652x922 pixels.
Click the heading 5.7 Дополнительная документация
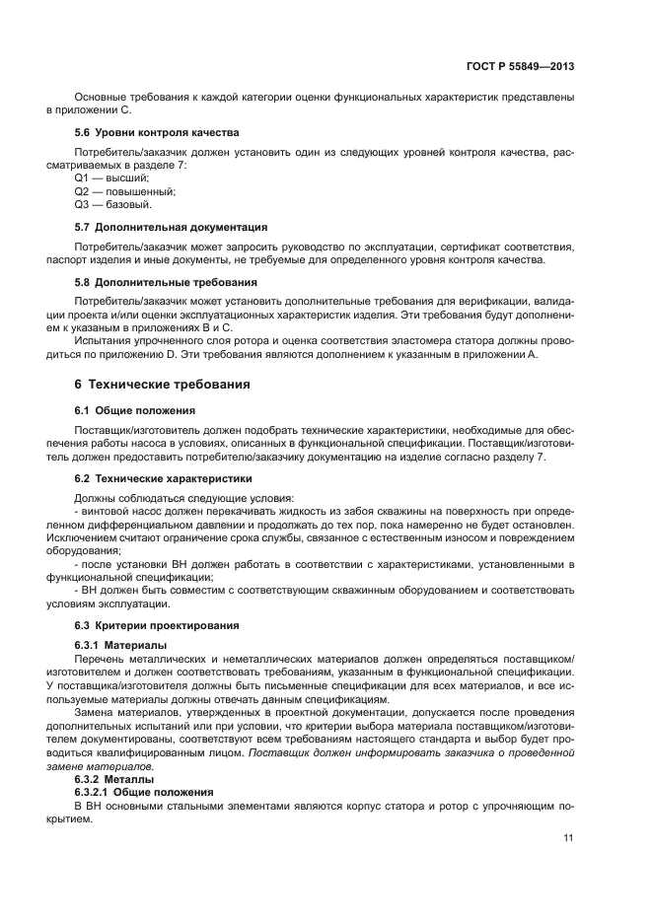(x=164, y=227)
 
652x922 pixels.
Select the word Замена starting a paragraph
(x=95, y=712)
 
